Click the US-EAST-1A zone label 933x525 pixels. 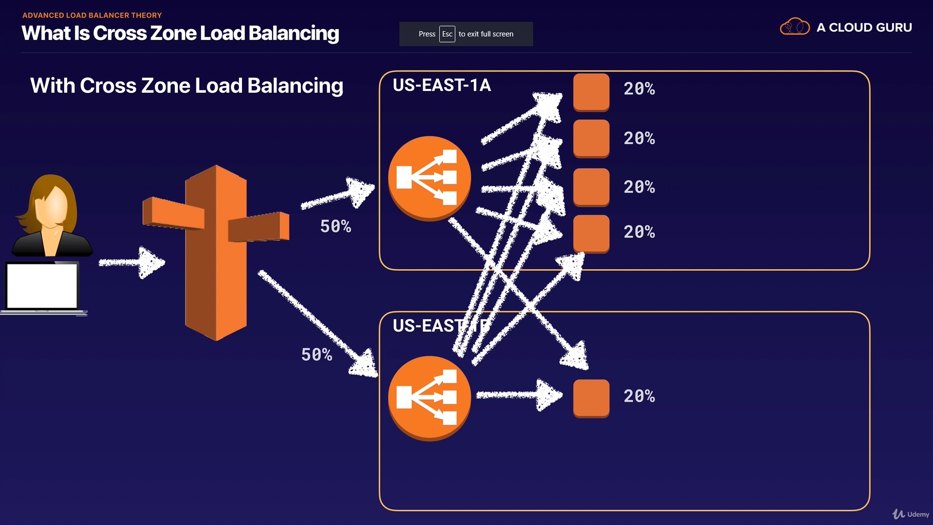441,86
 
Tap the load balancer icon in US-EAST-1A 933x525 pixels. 429,178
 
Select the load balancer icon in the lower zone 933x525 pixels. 429,398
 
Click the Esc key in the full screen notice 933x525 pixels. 447,34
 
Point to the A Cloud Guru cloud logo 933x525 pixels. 795,27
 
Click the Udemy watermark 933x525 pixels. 911,514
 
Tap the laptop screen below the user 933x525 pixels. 42,286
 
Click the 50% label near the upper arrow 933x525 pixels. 335,227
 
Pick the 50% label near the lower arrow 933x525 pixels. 316,355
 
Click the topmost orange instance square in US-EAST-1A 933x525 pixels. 591,91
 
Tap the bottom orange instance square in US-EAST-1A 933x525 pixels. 591,233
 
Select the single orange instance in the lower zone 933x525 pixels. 591,398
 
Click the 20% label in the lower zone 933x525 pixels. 639,397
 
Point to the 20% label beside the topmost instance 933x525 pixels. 639,89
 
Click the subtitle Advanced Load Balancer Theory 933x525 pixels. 92,16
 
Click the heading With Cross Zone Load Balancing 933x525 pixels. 187,86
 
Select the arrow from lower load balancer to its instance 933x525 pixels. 518,395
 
